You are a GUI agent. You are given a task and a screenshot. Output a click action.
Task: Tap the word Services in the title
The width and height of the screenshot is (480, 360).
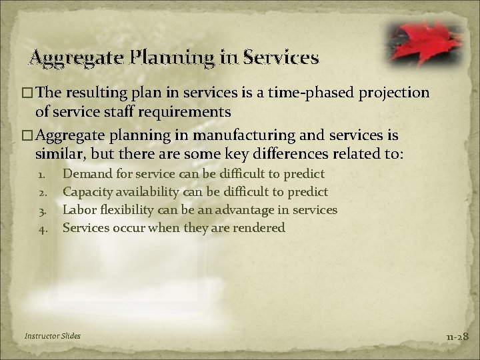pos(281,58)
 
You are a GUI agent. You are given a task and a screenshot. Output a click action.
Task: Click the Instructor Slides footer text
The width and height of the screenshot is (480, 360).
pos(51,335)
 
